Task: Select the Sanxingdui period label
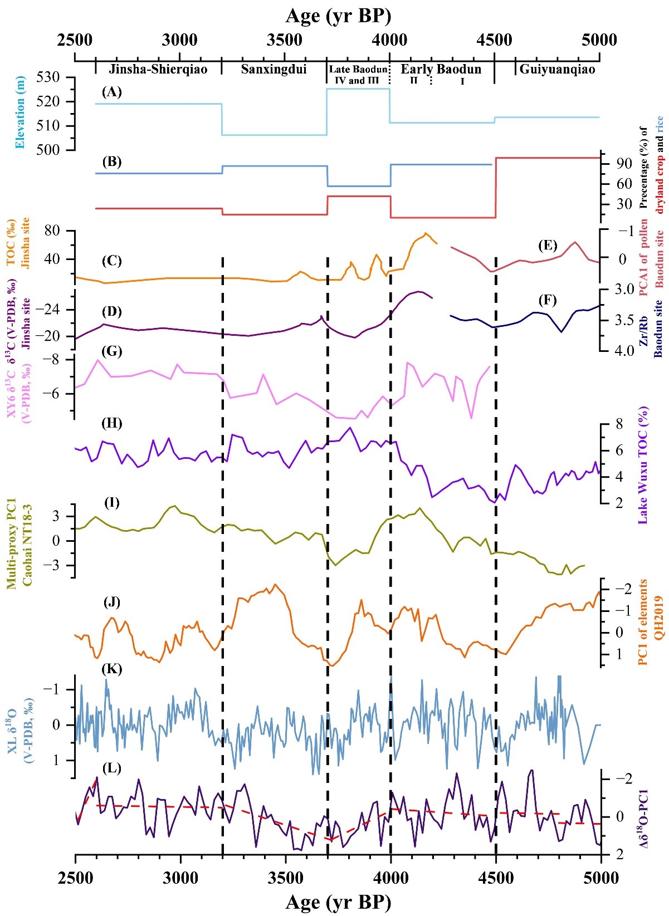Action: pyautogui.click(x=274, y=70)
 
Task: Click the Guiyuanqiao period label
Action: pyautogui.click(x=556, y=70)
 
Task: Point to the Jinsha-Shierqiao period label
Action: pyautogui.click(x=158, y=70)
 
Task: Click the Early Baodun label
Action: pyautogui.click(x=441, y=70)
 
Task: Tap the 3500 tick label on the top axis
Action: pyautogui.click(x=285, y=40)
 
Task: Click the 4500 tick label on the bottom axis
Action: pyautogui.click(x=495, y=878)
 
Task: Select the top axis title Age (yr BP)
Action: pyautogui.click(x=338, y=16)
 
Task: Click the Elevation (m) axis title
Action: pyautogui.click(x=21, y=112)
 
